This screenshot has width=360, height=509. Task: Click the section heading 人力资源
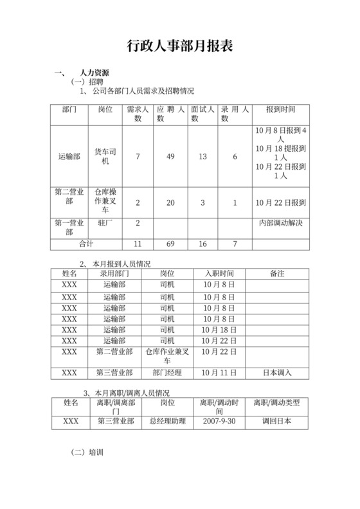coord(94,73)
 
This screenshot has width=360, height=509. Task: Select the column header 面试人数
coord(203,114)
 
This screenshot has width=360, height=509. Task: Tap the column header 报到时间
coord(280,109)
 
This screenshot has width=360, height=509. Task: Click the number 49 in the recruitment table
coord(170,157)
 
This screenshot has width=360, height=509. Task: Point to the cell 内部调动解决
coord(280,223)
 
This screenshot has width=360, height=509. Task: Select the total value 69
coord(170,244)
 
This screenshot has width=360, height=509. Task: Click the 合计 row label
coord(87,244)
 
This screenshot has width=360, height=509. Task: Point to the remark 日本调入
coord(277,373)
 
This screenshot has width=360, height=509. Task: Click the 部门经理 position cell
coord(166,373)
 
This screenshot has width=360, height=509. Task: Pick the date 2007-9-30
coord(219,422)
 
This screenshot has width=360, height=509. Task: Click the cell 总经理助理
coord(166,422)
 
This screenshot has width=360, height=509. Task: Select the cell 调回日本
coord(277,422)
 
